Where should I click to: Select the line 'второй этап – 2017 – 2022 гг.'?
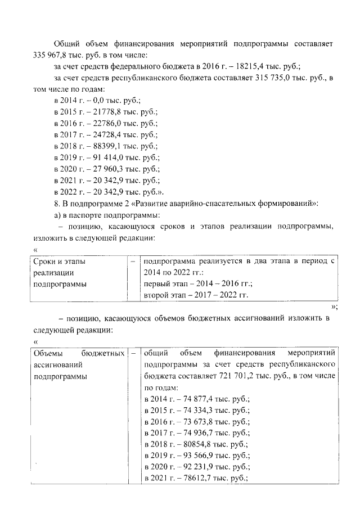click(196, 295)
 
